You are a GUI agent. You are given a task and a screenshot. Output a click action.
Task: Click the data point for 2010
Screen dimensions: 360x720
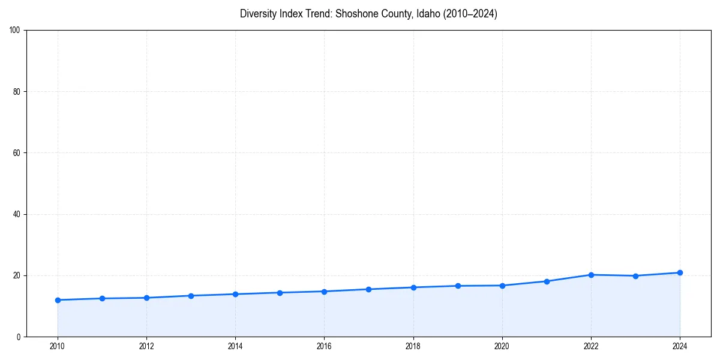tap(58, 300)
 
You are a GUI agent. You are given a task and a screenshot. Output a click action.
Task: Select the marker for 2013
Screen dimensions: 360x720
tap(191, 296)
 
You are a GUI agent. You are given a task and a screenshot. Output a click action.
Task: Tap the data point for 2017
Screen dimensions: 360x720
tap(368, 289)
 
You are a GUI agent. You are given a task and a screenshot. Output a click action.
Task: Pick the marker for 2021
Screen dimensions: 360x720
tap(547, 281)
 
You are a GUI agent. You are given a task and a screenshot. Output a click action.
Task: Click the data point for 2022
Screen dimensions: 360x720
tap(591, 275)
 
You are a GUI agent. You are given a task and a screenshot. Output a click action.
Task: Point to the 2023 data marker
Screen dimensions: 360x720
tap(635, 276)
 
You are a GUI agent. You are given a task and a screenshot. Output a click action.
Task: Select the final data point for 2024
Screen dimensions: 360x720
tap(680, 272)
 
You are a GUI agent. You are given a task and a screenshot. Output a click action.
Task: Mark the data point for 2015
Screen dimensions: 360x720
tap(280, 293)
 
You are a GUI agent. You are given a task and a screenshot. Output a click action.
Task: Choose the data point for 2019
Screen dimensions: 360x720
tap(458, 286)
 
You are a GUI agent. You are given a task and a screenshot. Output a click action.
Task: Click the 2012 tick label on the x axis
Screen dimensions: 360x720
tap(146, 346)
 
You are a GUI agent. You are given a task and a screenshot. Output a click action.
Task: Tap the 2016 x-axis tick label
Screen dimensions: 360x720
tap(324, 346)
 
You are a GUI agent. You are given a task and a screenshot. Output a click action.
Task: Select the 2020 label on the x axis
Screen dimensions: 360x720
tap(502, 346)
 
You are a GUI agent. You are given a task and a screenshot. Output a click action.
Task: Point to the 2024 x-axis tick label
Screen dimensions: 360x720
tap(680, 346)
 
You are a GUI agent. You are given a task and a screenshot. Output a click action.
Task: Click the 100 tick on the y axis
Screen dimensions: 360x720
tap(16, 31)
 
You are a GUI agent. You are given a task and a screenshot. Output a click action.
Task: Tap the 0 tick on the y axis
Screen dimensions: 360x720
tap(19, 337)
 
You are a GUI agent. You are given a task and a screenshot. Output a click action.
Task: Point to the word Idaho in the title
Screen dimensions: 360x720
tap(427, 14)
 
